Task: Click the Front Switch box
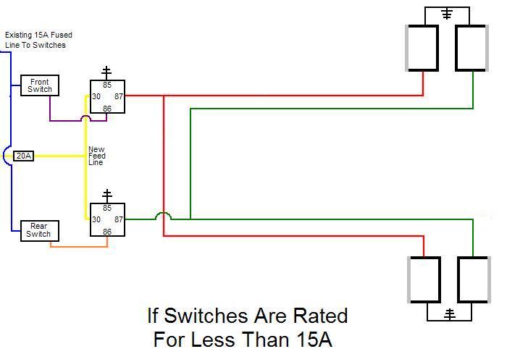(x=39, y=85)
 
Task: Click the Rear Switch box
(x=38, y=230)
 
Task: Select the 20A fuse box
(x=24, y=156)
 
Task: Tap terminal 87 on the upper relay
(x=118, y=96)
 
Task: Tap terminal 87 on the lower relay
(x=118, y=219)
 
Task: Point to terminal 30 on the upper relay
(x=96, y=96)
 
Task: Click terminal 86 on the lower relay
(x=107, y=232)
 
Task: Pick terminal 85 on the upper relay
(x=107, y=85)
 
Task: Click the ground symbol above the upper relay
(x=106, y=72)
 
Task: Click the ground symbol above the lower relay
(x=107, y=195)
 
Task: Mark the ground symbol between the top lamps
(x=447, y=13)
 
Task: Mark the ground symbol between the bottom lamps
(x=449, y=313)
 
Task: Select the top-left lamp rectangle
(x=423, y=49)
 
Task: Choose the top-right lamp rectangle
(x=471, y=49)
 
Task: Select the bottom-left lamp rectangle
(x=425, y=279)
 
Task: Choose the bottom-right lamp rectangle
(x=473, y=279)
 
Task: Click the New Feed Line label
(x=96, y=156)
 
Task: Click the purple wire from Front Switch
(x=65, y=119)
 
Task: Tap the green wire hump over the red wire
(x=164, y=215)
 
